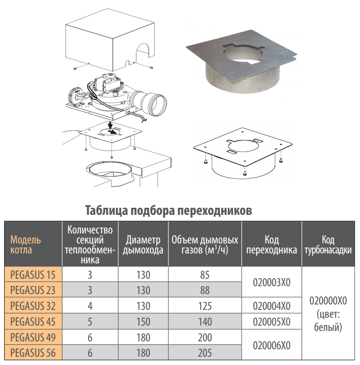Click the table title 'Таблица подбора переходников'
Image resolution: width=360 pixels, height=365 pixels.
pyautogui.click(x=168, y=211)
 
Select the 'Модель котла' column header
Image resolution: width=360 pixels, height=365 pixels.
pyautogui.click(x=26, y=245)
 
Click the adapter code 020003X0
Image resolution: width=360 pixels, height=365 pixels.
pyautogui.click(x=272, y=282)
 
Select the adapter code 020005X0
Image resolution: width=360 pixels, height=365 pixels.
pyautogui.click(x=272, y=322)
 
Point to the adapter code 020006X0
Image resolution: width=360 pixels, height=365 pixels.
pyautogui.click(x=272, y=345)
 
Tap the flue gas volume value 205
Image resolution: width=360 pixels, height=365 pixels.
pyautogui.click(x=205, y=353)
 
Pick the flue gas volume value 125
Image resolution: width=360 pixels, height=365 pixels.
pyautogui.click(x=205, y=306)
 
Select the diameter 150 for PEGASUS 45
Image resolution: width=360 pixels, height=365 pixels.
pyautogui.click(x=143, y=322)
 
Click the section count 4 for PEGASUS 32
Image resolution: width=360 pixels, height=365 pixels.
pyautogui.click(x=90, y=306)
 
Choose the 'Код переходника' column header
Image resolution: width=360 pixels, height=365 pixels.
pyautogui.click(x=272, y=245)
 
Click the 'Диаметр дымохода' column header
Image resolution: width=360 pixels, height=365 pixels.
pyautogui.click(x=143, y=245)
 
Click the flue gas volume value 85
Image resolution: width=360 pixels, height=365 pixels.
pyautogui.click(x=205, y=275)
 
